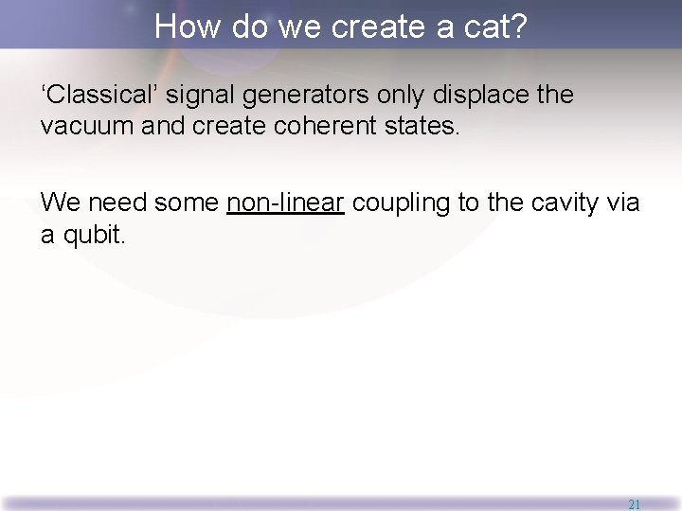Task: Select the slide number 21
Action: point(634,504)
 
